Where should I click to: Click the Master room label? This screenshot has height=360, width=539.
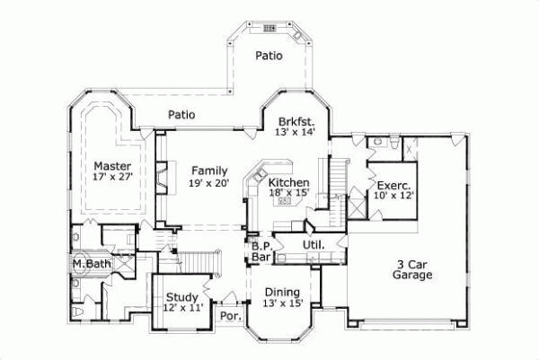click(113, 166)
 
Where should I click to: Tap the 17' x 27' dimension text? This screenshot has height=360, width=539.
click(113, 178)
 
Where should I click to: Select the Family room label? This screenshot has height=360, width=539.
click(208, 171)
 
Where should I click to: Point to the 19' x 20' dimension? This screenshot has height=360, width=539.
click(208, 183)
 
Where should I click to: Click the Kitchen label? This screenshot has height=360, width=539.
click(289, 182)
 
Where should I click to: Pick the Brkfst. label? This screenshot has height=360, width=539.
click(294, 120)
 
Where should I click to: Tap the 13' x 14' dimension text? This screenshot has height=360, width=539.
click(294, 132)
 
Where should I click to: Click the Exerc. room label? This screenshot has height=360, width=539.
click(394, 184)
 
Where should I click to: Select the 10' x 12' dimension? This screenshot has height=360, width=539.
click(394, 196)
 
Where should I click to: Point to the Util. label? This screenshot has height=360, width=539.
click(313, 244)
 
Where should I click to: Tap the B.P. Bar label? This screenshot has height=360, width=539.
click(261, 251)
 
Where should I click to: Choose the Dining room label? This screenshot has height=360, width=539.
click(282, 292)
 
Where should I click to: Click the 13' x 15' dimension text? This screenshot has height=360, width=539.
click(282, 303)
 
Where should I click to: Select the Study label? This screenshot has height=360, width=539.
click(182, 296)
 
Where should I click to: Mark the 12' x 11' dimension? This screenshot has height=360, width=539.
click(182, 308)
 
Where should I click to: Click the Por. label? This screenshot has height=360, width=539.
click(230, 317)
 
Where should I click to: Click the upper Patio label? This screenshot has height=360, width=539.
click(269, 55)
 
